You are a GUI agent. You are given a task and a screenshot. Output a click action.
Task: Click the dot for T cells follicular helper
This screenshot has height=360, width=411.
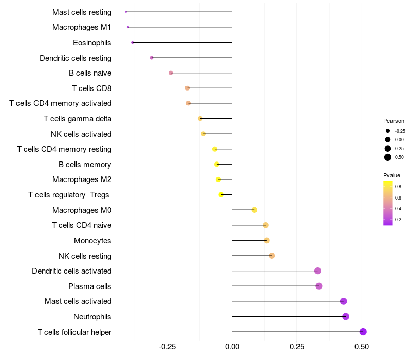(x=363, y=332)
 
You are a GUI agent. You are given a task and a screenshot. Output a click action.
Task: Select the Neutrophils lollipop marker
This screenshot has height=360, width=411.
(x=346, y=316)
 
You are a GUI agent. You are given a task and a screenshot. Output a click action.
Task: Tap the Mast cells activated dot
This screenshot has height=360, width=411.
(x=344, y=301)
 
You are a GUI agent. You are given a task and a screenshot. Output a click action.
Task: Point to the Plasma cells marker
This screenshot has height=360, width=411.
(x=319, y=286)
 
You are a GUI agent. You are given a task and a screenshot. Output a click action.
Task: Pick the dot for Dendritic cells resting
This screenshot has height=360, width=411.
(x=152, y=58)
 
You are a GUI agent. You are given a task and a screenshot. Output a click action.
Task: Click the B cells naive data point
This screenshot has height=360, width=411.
(x=171, y=73)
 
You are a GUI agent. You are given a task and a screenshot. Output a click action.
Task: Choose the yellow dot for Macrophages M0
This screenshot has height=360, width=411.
(x=254, y=210)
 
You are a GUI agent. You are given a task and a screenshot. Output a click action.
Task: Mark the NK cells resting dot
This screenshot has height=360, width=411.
(x=272, y=256)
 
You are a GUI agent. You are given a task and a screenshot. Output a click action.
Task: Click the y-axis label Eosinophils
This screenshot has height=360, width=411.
(x=92, y=43)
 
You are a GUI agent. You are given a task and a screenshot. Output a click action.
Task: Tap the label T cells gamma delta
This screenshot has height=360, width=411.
(x=78, y=119)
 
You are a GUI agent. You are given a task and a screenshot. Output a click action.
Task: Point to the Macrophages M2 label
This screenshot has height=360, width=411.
(x=82, y=179)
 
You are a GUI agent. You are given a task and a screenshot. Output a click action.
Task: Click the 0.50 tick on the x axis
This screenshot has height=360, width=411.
(x=362, y=347)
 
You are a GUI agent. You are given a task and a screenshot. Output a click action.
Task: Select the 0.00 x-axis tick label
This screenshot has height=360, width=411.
(x=232, y=347)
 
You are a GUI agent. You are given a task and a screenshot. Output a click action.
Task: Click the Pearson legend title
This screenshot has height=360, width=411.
(x=394, y=121)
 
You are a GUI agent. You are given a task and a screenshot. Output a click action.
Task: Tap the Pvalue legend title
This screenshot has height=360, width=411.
(x=392, y=175)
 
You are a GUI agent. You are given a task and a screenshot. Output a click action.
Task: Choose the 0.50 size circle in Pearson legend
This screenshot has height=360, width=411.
(x=388, y=157)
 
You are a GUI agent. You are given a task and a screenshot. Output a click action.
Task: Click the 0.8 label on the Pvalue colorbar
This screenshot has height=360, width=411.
(x=398, y=187)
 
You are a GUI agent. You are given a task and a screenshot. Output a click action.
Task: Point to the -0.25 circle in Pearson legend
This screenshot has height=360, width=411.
(x=388, y=131)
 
